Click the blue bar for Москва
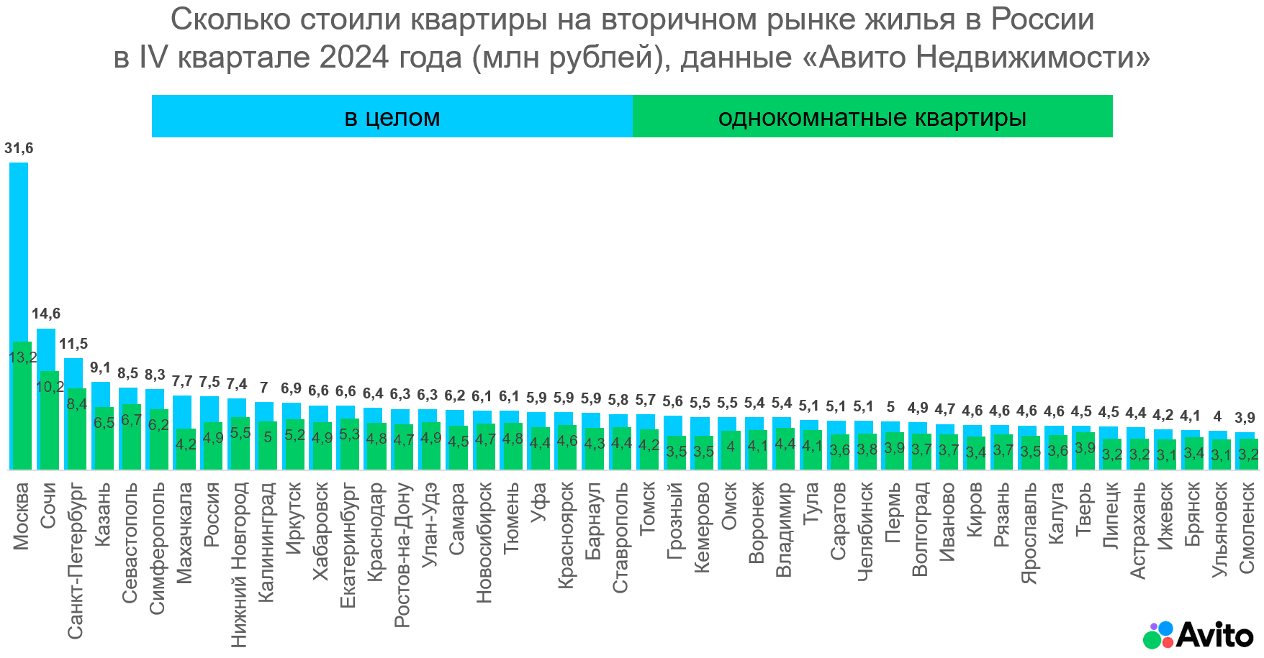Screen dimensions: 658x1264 click(x=19, y=252)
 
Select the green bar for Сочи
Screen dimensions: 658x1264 click(x=49, y=424)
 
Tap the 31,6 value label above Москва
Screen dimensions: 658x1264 click(x=19, y=149)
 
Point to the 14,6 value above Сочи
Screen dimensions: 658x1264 click(x=46, y=314)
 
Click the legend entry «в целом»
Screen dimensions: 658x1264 click(x=392, y=117)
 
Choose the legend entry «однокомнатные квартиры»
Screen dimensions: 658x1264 click(x=872, y=117)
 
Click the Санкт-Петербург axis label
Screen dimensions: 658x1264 click(x=76, y=561)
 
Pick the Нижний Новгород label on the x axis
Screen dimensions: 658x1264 click(x=239, y=565)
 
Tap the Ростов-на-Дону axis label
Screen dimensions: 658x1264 click(x=402, y=554)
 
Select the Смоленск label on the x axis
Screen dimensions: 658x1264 click(x=1247, y=528)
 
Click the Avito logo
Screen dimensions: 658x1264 click(x=1198, y=635)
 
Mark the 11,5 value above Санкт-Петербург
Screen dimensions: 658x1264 click(x=73, y=344)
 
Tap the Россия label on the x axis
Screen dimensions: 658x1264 click(x=212, y=514)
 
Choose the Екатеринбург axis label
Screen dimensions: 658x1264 click(x=348, y=545)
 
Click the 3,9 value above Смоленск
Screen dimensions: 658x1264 click(x=1245, y=418)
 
